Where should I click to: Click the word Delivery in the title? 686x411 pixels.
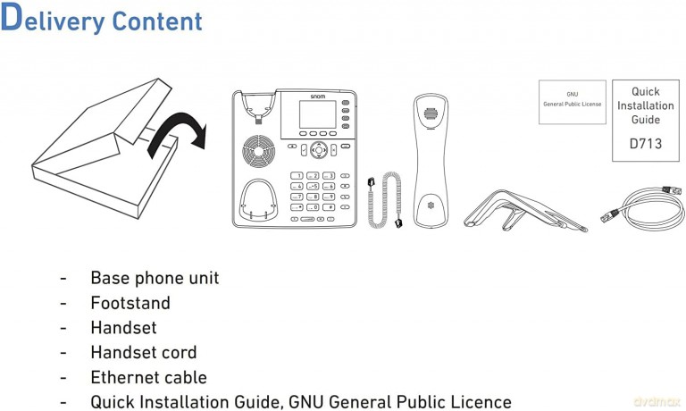(53, 19)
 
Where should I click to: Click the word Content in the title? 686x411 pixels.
(157, 21)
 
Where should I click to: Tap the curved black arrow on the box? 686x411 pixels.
(175, 131)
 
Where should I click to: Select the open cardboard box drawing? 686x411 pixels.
(105, 148)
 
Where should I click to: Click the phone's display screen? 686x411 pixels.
(318, 114)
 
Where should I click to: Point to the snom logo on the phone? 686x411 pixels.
(318, 96)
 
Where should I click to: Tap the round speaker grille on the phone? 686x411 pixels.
(259, 151)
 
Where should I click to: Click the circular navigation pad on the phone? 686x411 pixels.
(319, 150)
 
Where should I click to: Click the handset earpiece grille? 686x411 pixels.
(431, 113)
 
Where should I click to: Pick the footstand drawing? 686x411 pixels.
(525, 210)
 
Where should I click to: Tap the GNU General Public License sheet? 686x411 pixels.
(573, 102)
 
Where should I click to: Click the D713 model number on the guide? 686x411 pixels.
(646, 144)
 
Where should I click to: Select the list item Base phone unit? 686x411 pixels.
(155, 278)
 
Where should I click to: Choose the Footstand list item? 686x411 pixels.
(130, 303)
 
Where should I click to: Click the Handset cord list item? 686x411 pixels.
(144, 352)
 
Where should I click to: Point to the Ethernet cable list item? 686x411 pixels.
(149, 377)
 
